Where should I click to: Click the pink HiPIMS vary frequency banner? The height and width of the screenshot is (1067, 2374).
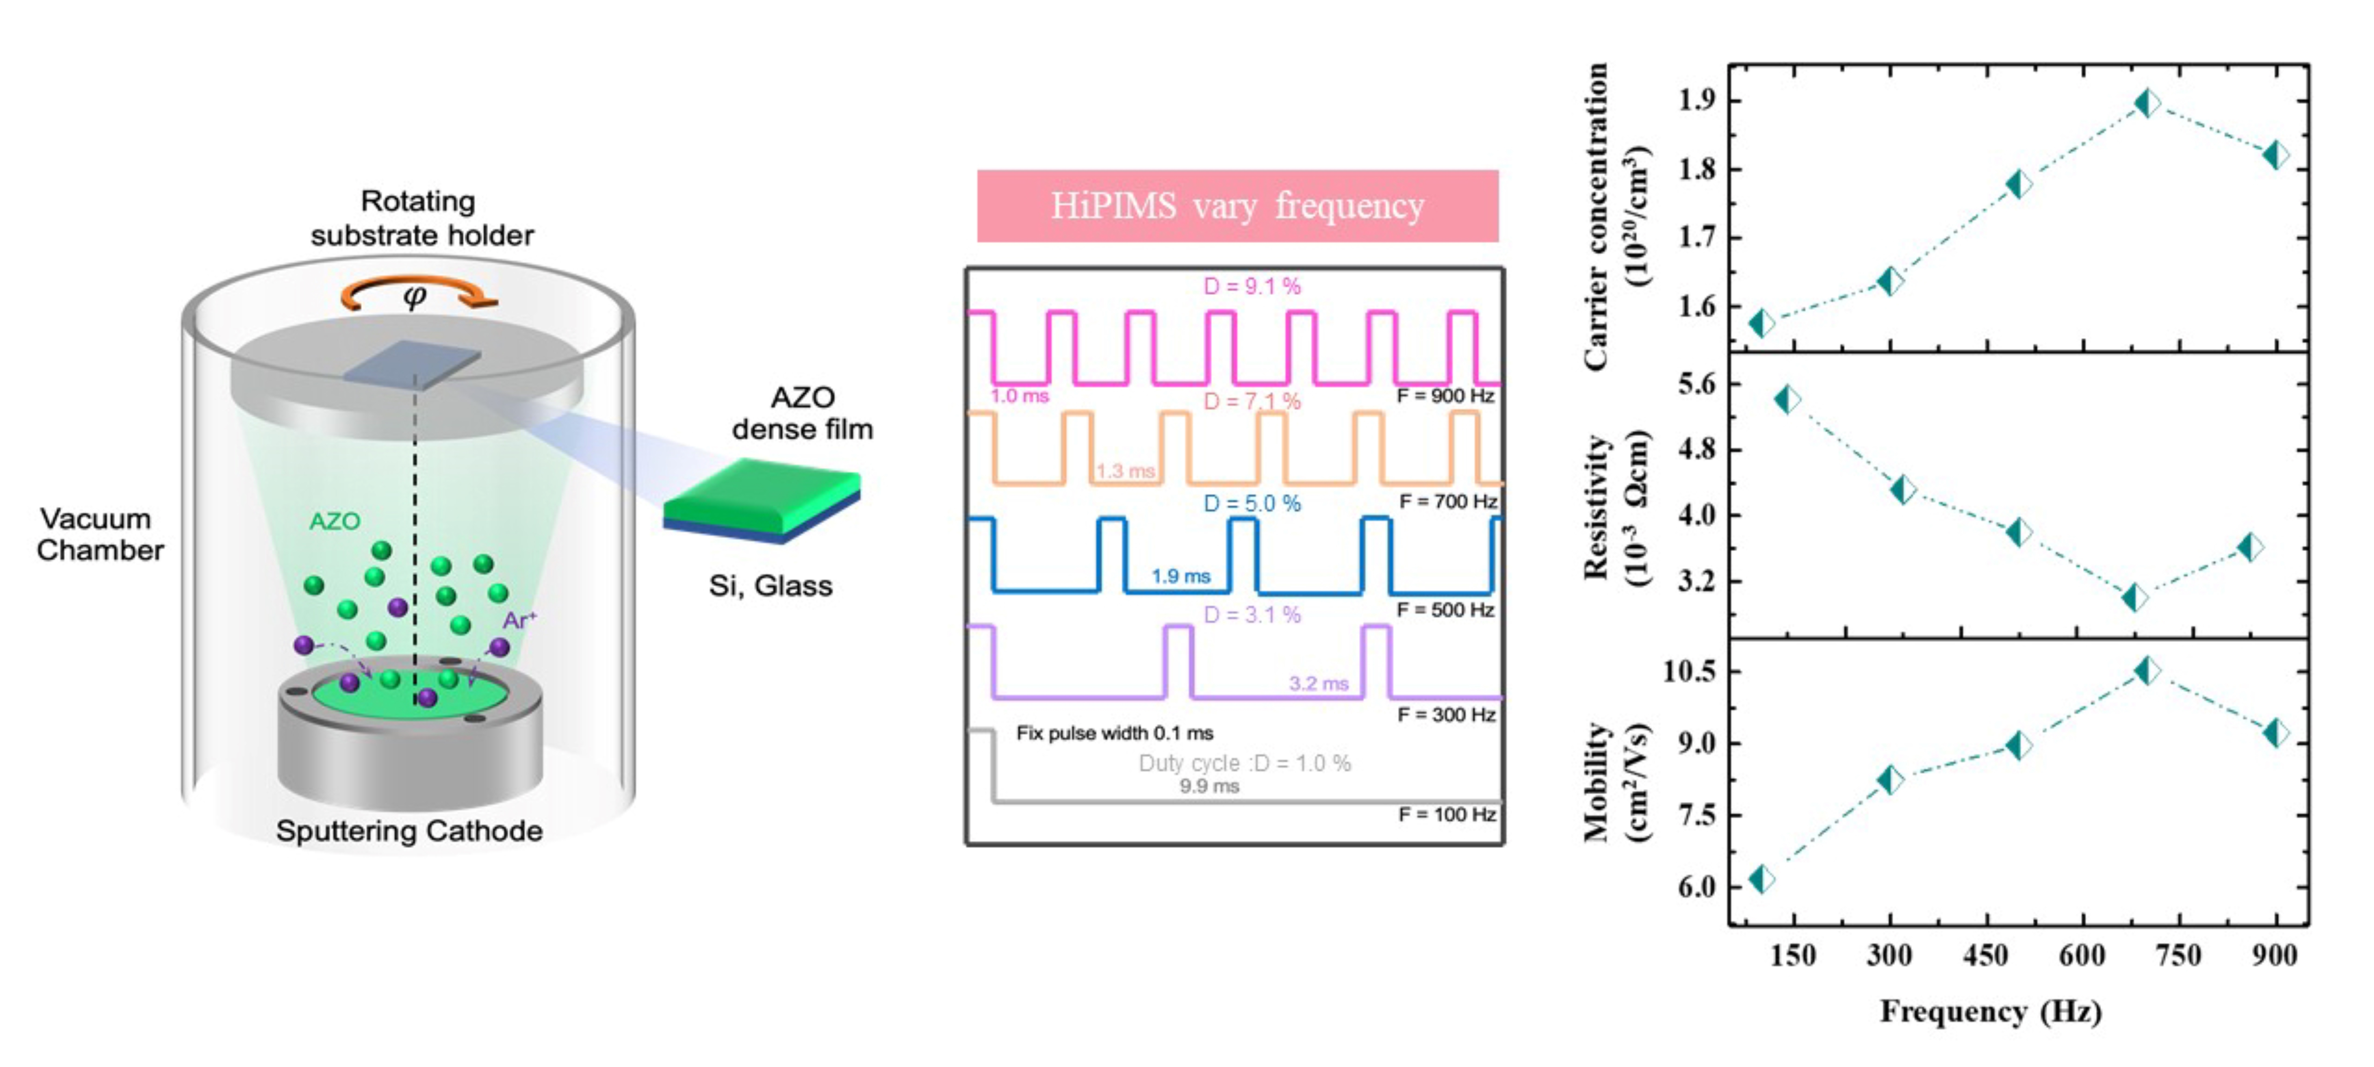point(1238,205)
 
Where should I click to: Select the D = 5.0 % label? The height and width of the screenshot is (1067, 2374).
point(1253,504)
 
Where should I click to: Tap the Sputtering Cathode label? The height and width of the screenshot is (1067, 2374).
point(409,831)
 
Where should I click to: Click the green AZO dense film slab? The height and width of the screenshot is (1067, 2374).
point(762,498)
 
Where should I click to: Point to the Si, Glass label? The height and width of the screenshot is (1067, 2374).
point(770,586)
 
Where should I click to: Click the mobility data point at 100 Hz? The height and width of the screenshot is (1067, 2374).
point(1761,879)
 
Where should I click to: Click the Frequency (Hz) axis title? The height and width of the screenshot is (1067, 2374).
point(1991,1012)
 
